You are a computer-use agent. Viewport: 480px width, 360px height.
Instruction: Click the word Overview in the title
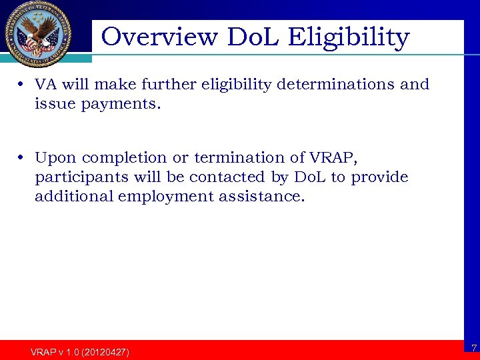pyautogui.click(x=159, y=37)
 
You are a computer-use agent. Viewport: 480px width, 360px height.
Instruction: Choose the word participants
pyautogui.click(x=76, y=178)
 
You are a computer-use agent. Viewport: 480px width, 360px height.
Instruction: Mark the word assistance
pyautogui.click(x=261, y=197)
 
